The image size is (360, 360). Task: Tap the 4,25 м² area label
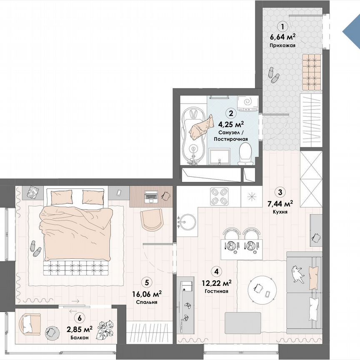pos(231,123)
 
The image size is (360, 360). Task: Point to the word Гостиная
pos(216,291)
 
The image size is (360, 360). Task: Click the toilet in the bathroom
pos(246,154)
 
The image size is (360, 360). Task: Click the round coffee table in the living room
pos(262,288)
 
